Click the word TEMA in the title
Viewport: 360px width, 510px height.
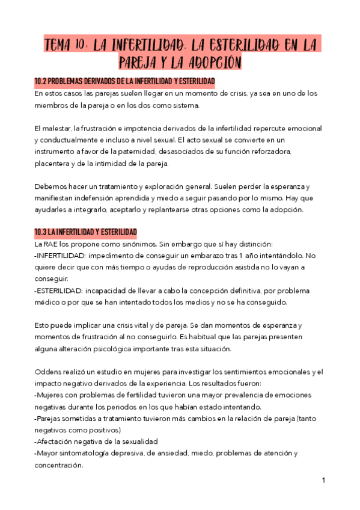tap(61, 46)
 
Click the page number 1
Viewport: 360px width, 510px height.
tap(323, 481)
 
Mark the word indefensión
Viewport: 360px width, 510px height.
tap(103, 198)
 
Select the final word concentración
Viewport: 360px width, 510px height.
tap(59, 464)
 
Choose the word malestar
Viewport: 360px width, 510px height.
tap(55, 129)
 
